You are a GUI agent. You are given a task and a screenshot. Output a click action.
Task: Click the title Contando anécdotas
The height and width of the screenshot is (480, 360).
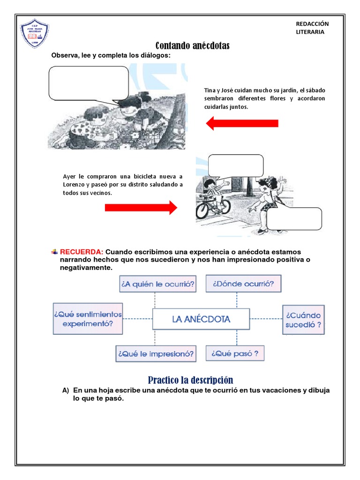(x=192, y=45)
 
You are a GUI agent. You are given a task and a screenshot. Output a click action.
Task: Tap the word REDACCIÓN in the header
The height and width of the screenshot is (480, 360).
(x=312, y=24)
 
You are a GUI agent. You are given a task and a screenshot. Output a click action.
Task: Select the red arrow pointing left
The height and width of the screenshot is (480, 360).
(x=242, y=123)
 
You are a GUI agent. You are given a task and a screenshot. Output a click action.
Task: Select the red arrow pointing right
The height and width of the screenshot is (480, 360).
(x=141, y=207)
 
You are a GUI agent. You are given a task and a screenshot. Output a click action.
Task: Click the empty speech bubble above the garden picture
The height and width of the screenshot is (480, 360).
(x=89, y=83)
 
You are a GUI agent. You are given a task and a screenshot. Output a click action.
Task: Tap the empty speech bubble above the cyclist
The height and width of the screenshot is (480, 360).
(x=236, y=165)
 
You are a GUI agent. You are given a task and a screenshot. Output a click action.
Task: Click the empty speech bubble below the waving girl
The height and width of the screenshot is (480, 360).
(x=294, y=219)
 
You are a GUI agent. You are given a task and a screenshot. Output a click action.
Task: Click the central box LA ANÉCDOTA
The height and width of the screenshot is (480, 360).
(x=201, y=319)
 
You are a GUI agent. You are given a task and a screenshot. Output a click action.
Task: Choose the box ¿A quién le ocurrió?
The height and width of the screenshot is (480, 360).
(x=158, y=284)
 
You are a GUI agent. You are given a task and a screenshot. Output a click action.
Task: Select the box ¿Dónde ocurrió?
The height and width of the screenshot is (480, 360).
(x=243, y=284)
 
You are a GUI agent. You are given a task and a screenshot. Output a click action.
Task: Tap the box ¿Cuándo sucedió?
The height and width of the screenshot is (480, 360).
(x=303, y=320)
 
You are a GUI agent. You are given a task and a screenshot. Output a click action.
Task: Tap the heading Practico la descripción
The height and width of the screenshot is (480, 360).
(x=190, y=380)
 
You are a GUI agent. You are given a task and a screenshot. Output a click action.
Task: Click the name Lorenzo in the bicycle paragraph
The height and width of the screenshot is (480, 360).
(x=75, y=185)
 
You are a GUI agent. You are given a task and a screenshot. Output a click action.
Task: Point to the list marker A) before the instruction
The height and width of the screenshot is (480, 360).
(x=66, y=390)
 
